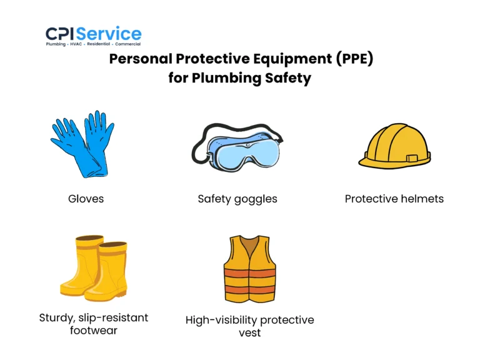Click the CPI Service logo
[94, 34]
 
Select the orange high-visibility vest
[249, 269]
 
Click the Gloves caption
[86, 199]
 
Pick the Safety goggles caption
[237, 199]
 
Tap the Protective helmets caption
[394, 199]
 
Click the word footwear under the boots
[94, 330]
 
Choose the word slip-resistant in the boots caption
[112, 317]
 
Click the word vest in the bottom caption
[249, 333]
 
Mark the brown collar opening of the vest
[249, 245]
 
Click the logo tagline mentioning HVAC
[94, 44]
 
